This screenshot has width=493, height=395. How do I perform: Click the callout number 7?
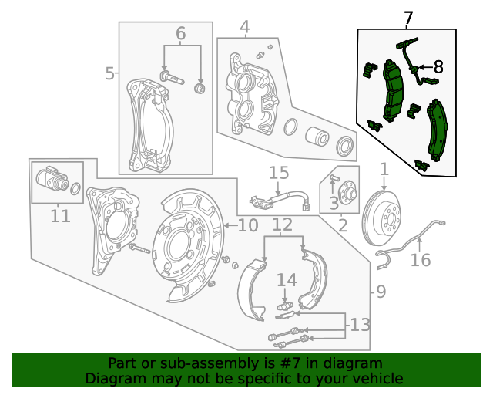point(408,17)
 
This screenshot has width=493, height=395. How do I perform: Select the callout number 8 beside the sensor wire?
point(438,67)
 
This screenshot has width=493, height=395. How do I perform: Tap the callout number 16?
point(421,260)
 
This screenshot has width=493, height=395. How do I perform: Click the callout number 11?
point(60,216)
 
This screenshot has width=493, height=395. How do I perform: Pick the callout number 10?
point(247,225)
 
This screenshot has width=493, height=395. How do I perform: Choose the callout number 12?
point(283,225)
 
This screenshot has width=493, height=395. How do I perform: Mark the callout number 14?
point(286,279)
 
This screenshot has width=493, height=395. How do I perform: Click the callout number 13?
point(361,325)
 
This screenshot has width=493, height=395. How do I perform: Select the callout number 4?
point(244,29)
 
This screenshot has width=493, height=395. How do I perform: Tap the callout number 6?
point(180,33)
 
